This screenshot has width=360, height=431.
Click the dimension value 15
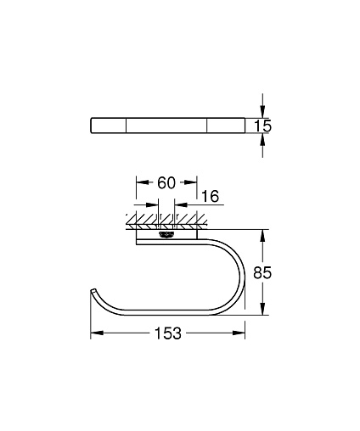click(x=263, y=126)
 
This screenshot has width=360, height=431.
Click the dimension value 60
click(x=166, y=182)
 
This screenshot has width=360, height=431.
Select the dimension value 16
click(x=211, y=196)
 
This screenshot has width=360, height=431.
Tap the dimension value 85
click(x=262, y=272)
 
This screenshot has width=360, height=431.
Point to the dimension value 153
click(x=168, y=333)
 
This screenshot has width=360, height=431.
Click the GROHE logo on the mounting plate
click(x=166, y=235)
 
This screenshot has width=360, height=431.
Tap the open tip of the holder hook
click(x=93, y=292)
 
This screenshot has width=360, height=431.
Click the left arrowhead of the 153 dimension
click(x=97, y=333)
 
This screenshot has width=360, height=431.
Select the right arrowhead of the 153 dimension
click(x=239, y=333)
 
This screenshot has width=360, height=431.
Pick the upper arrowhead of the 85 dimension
click(x=263, y=235)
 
